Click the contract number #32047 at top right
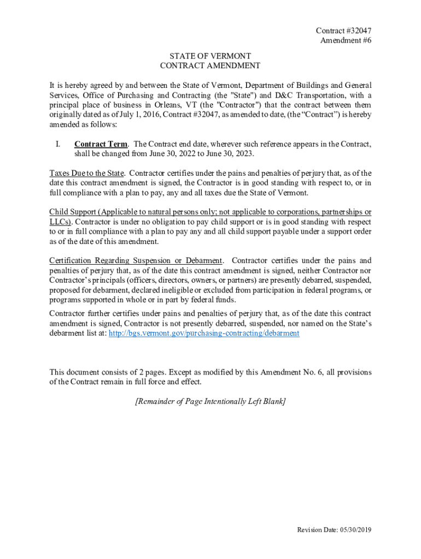(x=348, y=31)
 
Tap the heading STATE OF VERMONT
(x=210, y=56)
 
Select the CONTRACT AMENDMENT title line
(x=210, y=66)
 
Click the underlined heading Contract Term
(x=101, y=144)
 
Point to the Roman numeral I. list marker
(x=57, y=144)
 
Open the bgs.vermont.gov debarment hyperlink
(x=204, y=333)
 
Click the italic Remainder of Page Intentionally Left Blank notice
(x=210, y=402)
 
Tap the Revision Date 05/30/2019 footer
(x=334, y=530)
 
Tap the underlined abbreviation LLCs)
(x=61, y=222)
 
